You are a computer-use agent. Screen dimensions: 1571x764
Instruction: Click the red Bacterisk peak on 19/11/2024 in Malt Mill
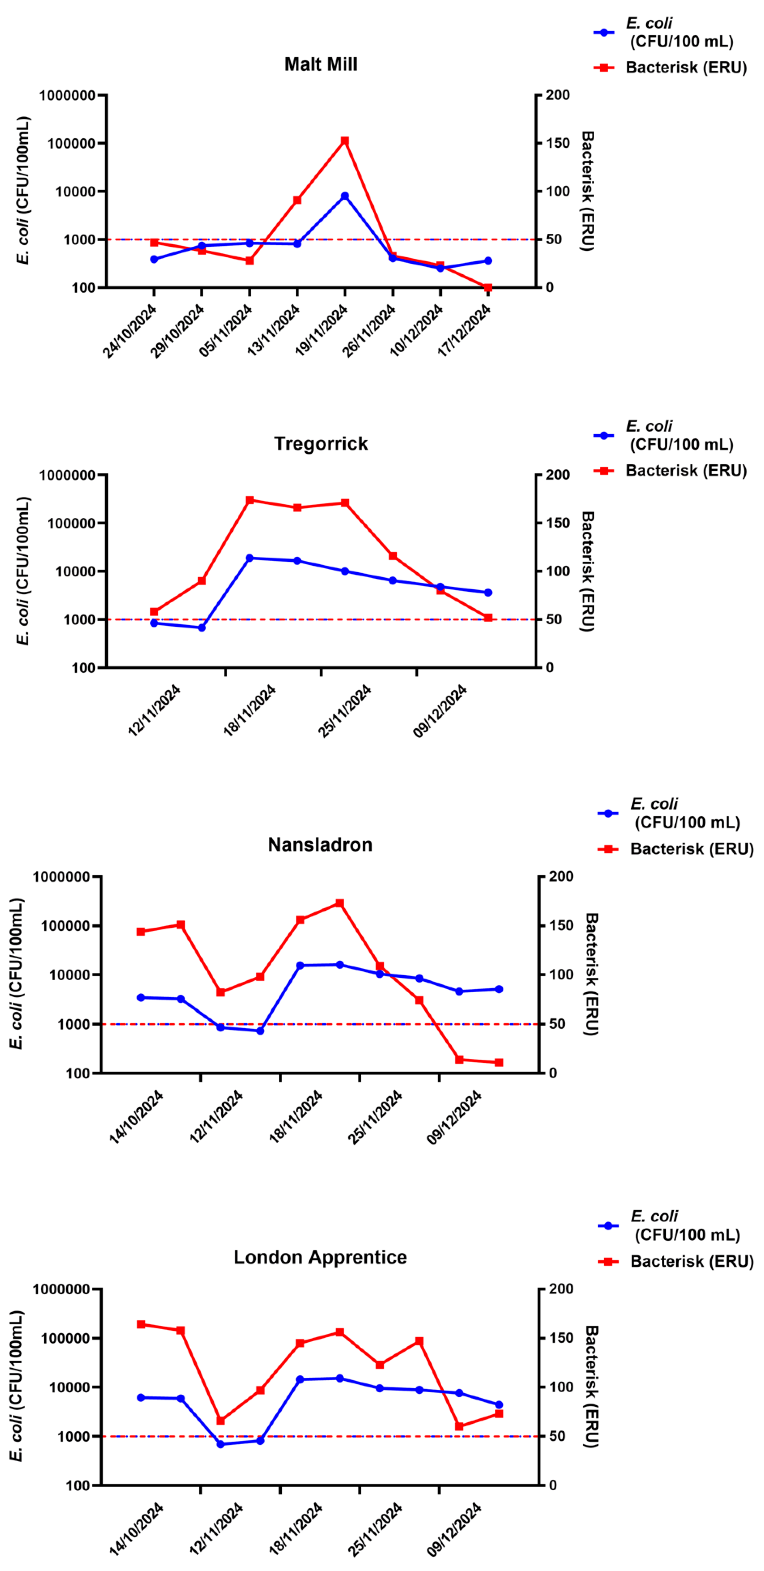pos(345,141)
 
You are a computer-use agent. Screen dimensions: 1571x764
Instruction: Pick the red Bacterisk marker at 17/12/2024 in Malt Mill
pos(487,288)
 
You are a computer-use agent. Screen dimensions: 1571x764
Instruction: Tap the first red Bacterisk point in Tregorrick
pos(154,612)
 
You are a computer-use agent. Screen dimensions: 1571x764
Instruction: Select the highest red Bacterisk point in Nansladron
pos(340,903)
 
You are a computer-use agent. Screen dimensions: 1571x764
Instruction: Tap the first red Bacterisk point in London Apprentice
pos(141,1325)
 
